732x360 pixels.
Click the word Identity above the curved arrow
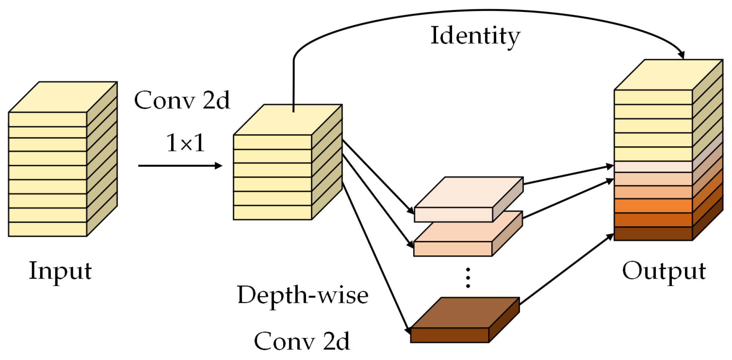click(x=475, y=36)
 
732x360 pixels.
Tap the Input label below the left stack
click(x=60, y=271)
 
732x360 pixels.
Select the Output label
click(x=664, y=271)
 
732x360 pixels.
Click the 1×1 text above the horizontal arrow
click(x=185, y=143)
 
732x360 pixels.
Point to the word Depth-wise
click(x=303, y=295)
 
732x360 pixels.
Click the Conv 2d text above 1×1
click(x=182, y=100)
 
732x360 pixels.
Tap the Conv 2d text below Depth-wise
click(x=302, y=341)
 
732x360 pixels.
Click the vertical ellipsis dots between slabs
click(x=468, y=278)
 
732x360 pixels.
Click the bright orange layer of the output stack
click(x=653, y=206)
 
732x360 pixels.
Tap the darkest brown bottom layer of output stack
click(x=653, y=234)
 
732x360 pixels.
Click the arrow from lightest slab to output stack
click(x=568, y=175)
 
